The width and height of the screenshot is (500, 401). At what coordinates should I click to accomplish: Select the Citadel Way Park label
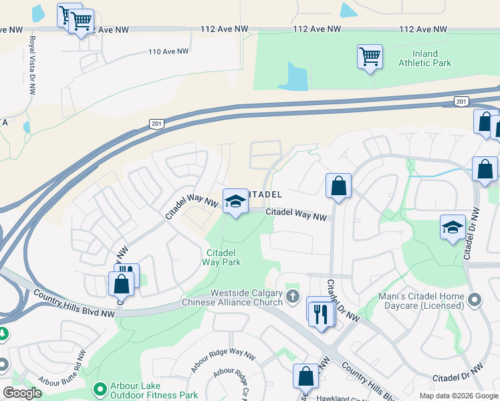(x=222, y=257)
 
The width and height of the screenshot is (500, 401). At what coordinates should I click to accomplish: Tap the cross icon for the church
(x=292, y=295)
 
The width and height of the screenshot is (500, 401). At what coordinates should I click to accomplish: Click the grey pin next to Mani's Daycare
(x=475, y=299)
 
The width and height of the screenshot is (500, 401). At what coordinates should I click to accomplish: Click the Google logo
(x=23, y=394)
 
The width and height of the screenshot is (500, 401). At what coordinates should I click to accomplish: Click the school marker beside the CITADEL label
(x=235, y=201)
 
